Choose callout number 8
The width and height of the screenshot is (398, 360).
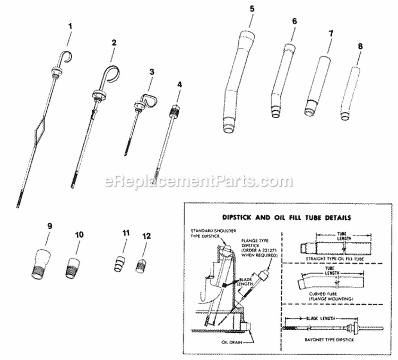pos(360,46)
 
